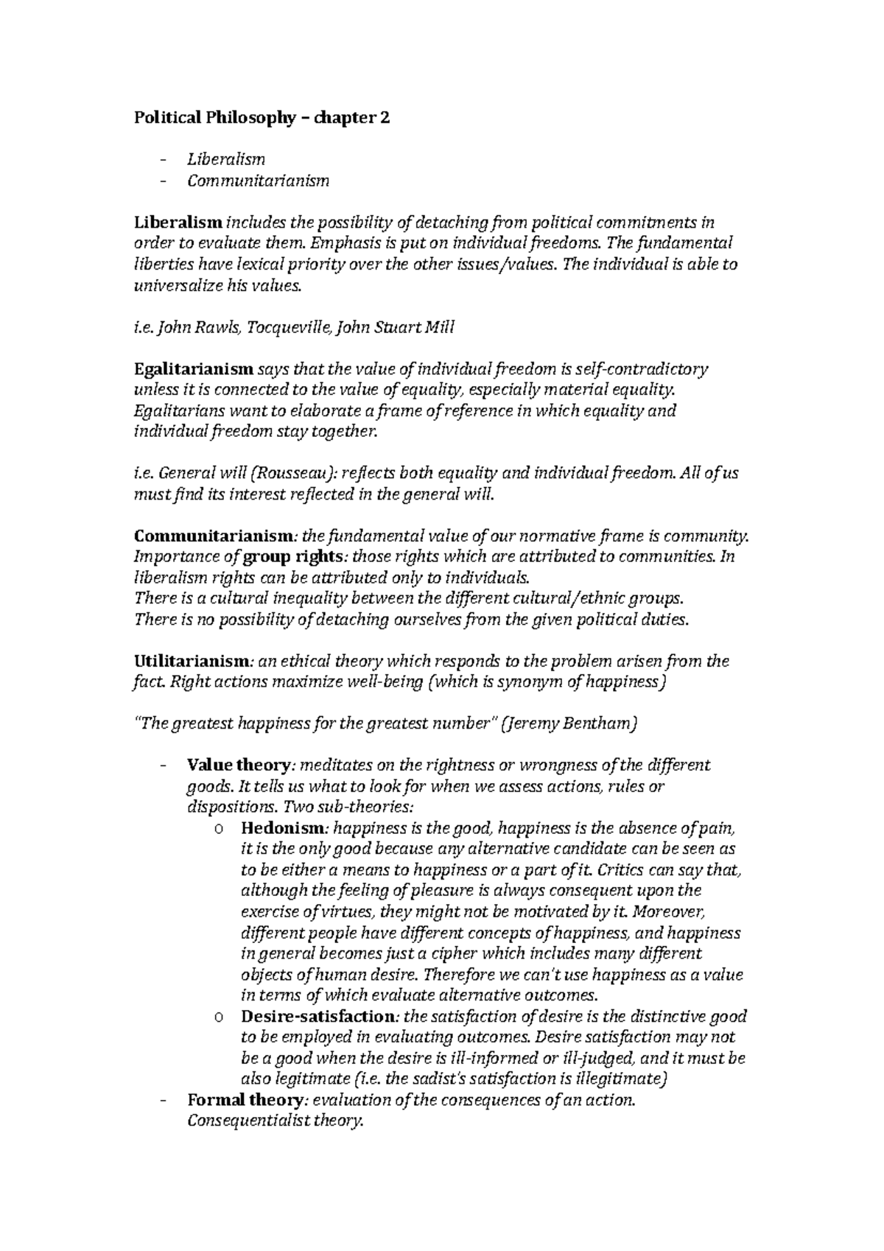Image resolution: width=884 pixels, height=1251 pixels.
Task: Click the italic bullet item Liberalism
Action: [x=225, y=159]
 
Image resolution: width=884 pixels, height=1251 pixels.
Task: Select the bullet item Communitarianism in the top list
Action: [x=258, y=181]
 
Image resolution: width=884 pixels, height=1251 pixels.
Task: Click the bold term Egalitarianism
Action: [x=193, y=369]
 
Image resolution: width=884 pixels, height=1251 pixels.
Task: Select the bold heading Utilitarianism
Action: [x=194, y=662]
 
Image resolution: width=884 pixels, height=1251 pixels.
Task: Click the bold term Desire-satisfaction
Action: [x=318, y=1017]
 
